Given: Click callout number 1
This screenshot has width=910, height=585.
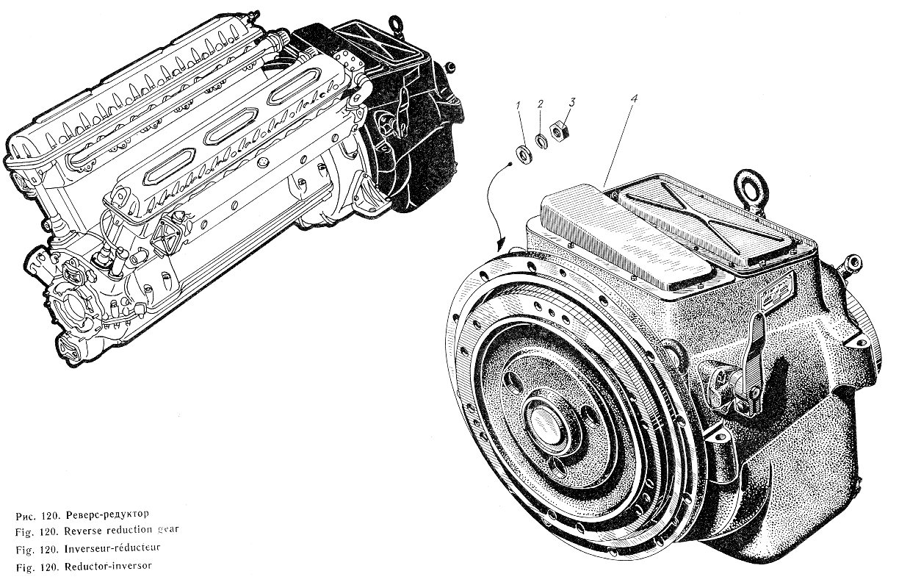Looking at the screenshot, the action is [518, 106].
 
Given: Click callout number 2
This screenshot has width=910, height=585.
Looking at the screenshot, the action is [540, 104].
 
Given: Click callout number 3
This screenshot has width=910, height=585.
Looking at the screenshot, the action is [572, 101].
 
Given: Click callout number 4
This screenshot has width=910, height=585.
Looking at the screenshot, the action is [634, 98].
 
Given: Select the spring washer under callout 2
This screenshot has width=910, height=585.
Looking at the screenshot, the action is [541, 140].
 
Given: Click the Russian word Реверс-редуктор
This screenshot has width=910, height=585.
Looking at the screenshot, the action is [107, 514].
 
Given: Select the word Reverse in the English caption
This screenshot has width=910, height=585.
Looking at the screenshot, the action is [83, 531].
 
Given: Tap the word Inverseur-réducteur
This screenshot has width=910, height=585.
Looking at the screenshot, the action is [112, 548].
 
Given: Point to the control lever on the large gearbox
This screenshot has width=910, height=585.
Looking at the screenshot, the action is [755, 358].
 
